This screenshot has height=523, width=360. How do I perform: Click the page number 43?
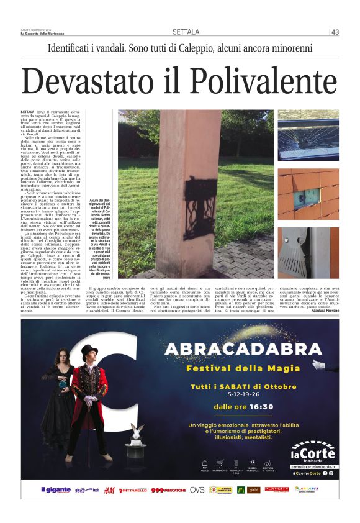click(x=335, y=32)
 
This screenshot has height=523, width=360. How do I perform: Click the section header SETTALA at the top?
click(x=186, y=32)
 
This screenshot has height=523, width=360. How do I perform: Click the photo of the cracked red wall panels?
click(x=308, y=195)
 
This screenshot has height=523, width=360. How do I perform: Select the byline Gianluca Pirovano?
click(x=322, y=309)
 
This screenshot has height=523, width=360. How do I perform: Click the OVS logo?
click(x=197, y=490)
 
